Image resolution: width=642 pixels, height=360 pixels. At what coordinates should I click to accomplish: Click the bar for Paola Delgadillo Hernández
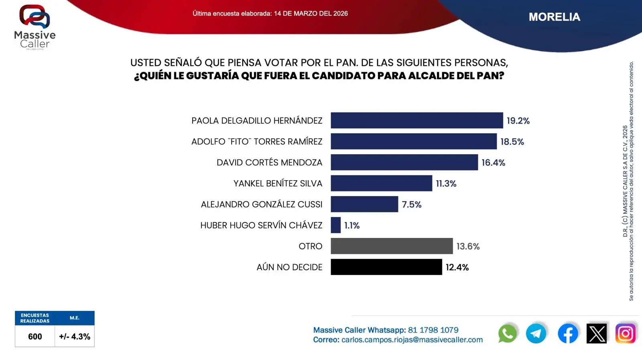(x=416, y=120)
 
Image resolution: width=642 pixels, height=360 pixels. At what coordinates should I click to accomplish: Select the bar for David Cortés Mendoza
(x=404, y=163)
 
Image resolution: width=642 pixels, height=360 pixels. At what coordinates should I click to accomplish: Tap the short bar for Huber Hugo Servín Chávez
(x=335, y=225)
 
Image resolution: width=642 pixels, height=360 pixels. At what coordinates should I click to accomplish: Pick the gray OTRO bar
(x=392, y=246)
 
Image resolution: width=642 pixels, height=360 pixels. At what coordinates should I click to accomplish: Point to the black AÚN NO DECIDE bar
(x=386, y=267)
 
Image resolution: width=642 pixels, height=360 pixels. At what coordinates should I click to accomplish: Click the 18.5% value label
(x=512, y=142)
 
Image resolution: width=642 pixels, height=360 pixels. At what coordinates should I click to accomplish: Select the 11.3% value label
(x=446, y=183)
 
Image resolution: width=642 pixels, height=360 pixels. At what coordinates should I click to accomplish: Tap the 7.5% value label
(x=412, y=205)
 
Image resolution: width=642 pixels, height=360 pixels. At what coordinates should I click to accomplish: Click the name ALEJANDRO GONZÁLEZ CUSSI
(x=262, y=205)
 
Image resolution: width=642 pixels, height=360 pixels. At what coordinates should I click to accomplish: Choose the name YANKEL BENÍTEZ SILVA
(x=278, y=183)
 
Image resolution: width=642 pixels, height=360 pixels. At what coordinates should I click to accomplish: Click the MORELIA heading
(x=554, y=17)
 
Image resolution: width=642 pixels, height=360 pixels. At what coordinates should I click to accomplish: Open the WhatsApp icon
(x=507, y=334)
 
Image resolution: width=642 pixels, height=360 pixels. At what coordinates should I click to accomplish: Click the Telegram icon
(x=536, y=334)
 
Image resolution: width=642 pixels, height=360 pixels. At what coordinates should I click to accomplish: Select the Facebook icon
(x=568, y=334)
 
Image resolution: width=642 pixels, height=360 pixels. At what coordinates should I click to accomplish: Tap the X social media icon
(x=597, y=334)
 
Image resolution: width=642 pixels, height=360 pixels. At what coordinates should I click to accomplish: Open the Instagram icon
(x=625, y=334)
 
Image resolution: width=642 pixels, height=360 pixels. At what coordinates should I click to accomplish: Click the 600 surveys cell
(x=35, y=336)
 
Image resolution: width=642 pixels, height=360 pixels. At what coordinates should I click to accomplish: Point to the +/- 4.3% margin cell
(x=75, y=336)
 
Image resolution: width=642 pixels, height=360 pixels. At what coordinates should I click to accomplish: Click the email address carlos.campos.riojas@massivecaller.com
(x=412, y=340)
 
